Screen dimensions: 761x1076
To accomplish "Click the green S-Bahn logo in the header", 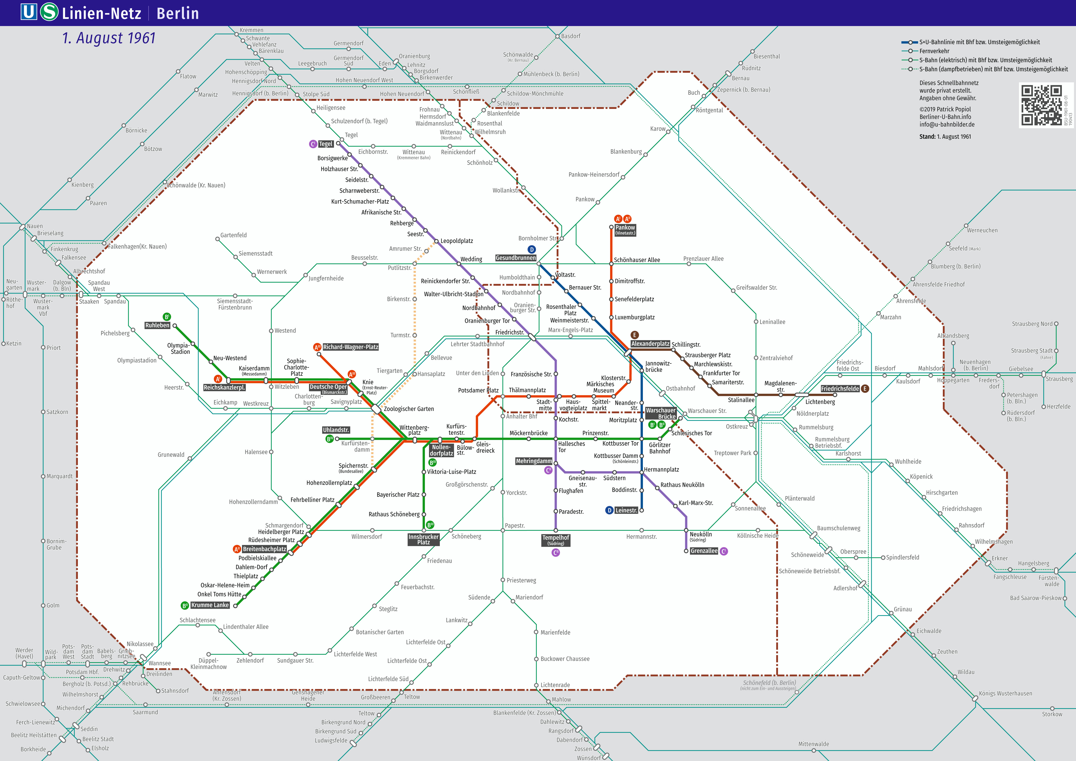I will tap(49, 12).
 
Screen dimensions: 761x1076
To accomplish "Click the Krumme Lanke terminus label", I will tap(210, 605).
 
